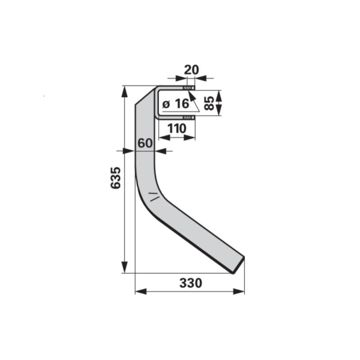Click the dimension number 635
(115, 178)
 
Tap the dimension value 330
(191, 283)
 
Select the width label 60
(145, 143)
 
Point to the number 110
(177, 128)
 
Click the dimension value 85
(209, 103)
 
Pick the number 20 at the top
(191, 70)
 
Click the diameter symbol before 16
(166, 104)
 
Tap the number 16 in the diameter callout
(182, 104)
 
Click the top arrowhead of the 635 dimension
(124, 91)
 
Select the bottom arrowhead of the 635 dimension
(124, 267)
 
